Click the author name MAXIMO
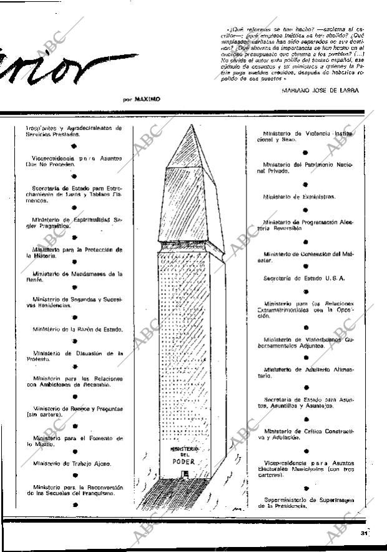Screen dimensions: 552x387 pyautogui.click(x=147, y=99)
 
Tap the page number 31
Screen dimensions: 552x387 pyautogui.click(x=363, y=533)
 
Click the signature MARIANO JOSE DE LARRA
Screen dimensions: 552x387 pyautogui.click(x=320, y=90)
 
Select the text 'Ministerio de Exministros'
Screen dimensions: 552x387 pyautogui.click(x=299, y=196)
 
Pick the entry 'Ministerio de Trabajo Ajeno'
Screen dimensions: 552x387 pyautogui.click(x=72, y=463)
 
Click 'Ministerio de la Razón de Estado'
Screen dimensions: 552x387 pyautogui.click(x=78, y=329)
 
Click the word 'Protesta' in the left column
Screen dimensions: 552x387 pyautogui.click(x=39, y=359)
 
